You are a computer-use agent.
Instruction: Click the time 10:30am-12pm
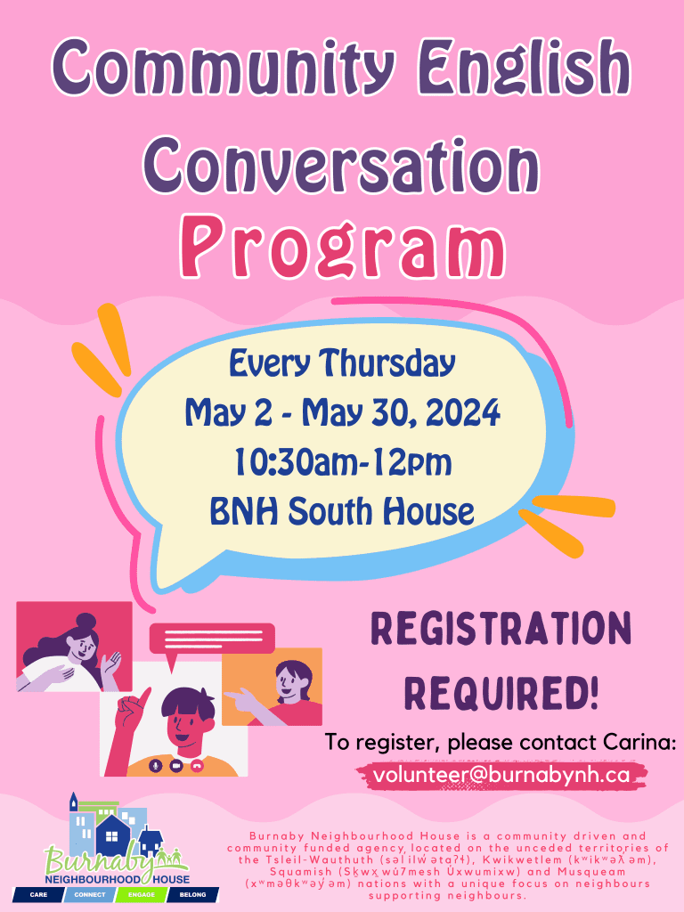pyautogui.click(x=343, y=462)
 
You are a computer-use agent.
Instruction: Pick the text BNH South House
pyautogui.click(x=342, y=511)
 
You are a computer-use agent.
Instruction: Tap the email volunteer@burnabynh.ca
pyautogui.click(x=501, y=775)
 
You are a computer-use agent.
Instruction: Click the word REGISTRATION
pyautogui.click(x=501, y=629)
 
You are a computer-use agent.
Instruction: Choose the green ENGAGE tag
pyautogui.click(x=142, y=893)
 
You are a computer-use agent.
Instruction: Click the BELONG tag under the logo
pyautogui.click(x=192, y=893)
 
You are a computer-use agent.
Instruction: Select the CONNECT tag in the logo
pyautogui.click(x=90, y=893)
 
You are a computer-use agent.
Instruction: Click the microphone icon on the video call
pyautogui.click(x=156, y=764)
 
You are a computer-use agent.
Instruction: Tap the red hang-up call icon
pyautogui.click(x=197, y=764)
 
